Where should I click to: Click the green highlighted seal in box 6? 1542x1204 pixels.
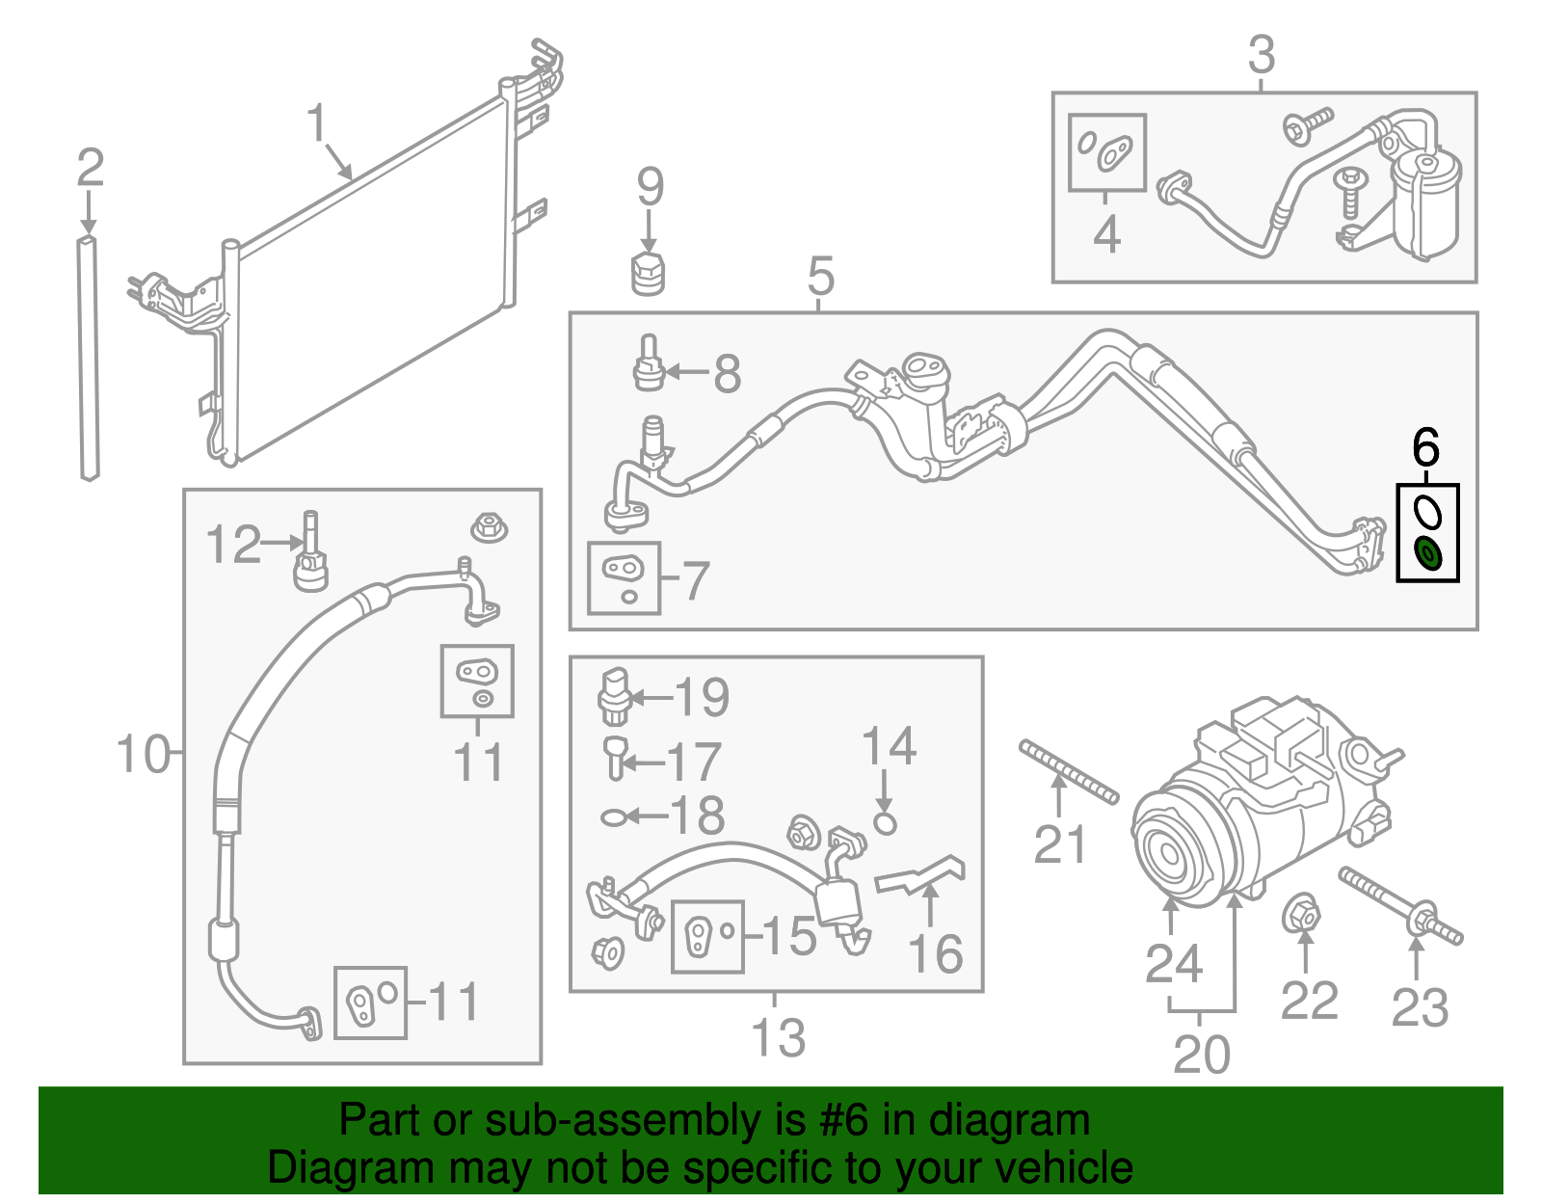pos(1427,555)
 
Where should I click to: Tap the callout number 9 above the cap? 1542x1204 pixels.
pos(651,187)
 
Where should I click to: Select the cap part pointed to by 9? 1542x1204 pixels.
pos(648,274)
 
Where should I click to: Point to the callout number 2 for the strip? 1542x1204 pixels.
pos(90,170)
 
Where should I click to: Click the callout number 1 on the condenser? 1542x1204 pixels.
pos(317,123)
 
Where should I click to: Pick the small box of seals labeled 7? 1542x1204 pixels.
pos(624,578)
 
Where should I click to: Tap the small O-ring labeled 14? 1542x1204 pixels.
pos(886,823)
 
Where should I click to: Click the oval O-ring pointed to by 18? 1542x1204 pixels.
pos(613,817)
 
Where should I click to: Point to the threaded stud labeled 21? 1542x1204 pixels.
pos(1068,771)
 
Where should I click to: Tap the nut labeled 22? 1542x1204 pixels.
pos(1301,913)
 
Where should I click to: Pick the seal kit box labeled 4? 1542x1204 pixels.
pos(1106,152)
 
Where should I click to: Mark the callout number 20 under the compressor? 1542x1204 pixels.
pos(1202,1055)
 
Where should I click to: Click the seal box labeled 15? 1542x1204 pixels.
pos(706,936)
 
